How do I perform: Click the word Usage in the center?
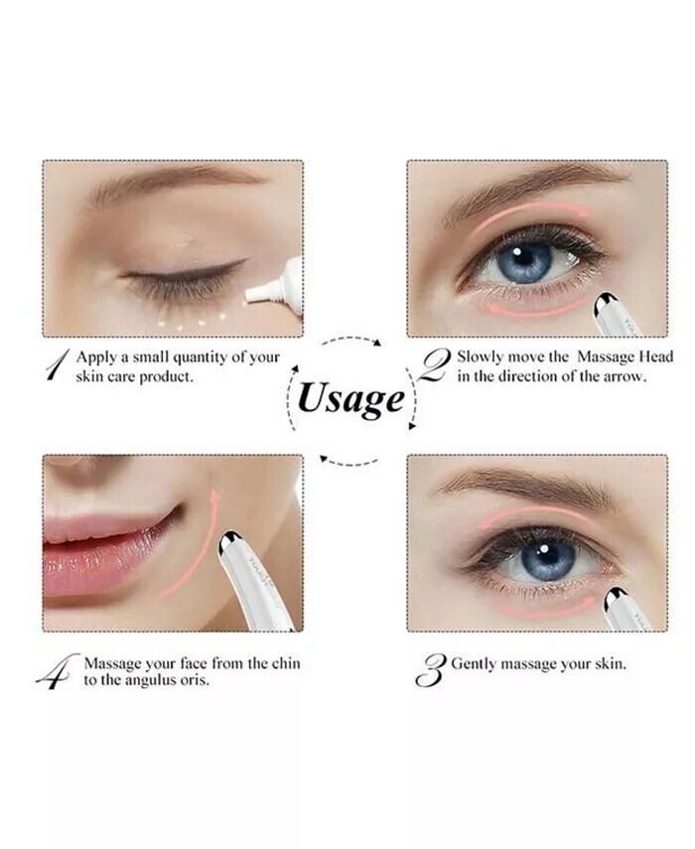(x=350, y=399)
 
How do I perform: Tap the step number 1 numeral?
(x=58, y=363)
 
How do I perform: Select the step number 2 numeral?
(x=435, y=365)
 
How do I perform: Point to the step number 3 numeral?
(x=430, y=670)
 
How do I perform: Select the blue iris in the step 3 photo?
(x=547, y=559)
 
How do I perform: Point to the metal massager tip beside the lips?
(x=229, y=542)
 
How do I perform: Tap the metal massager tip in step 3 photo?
(x=616, y=599)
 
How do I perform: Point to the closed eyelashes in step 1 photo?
(x=179, y=280)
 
